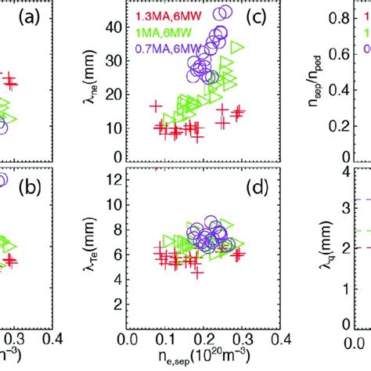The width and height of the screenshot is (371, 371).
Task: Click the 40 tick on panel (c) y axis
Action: coord(113,28)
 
